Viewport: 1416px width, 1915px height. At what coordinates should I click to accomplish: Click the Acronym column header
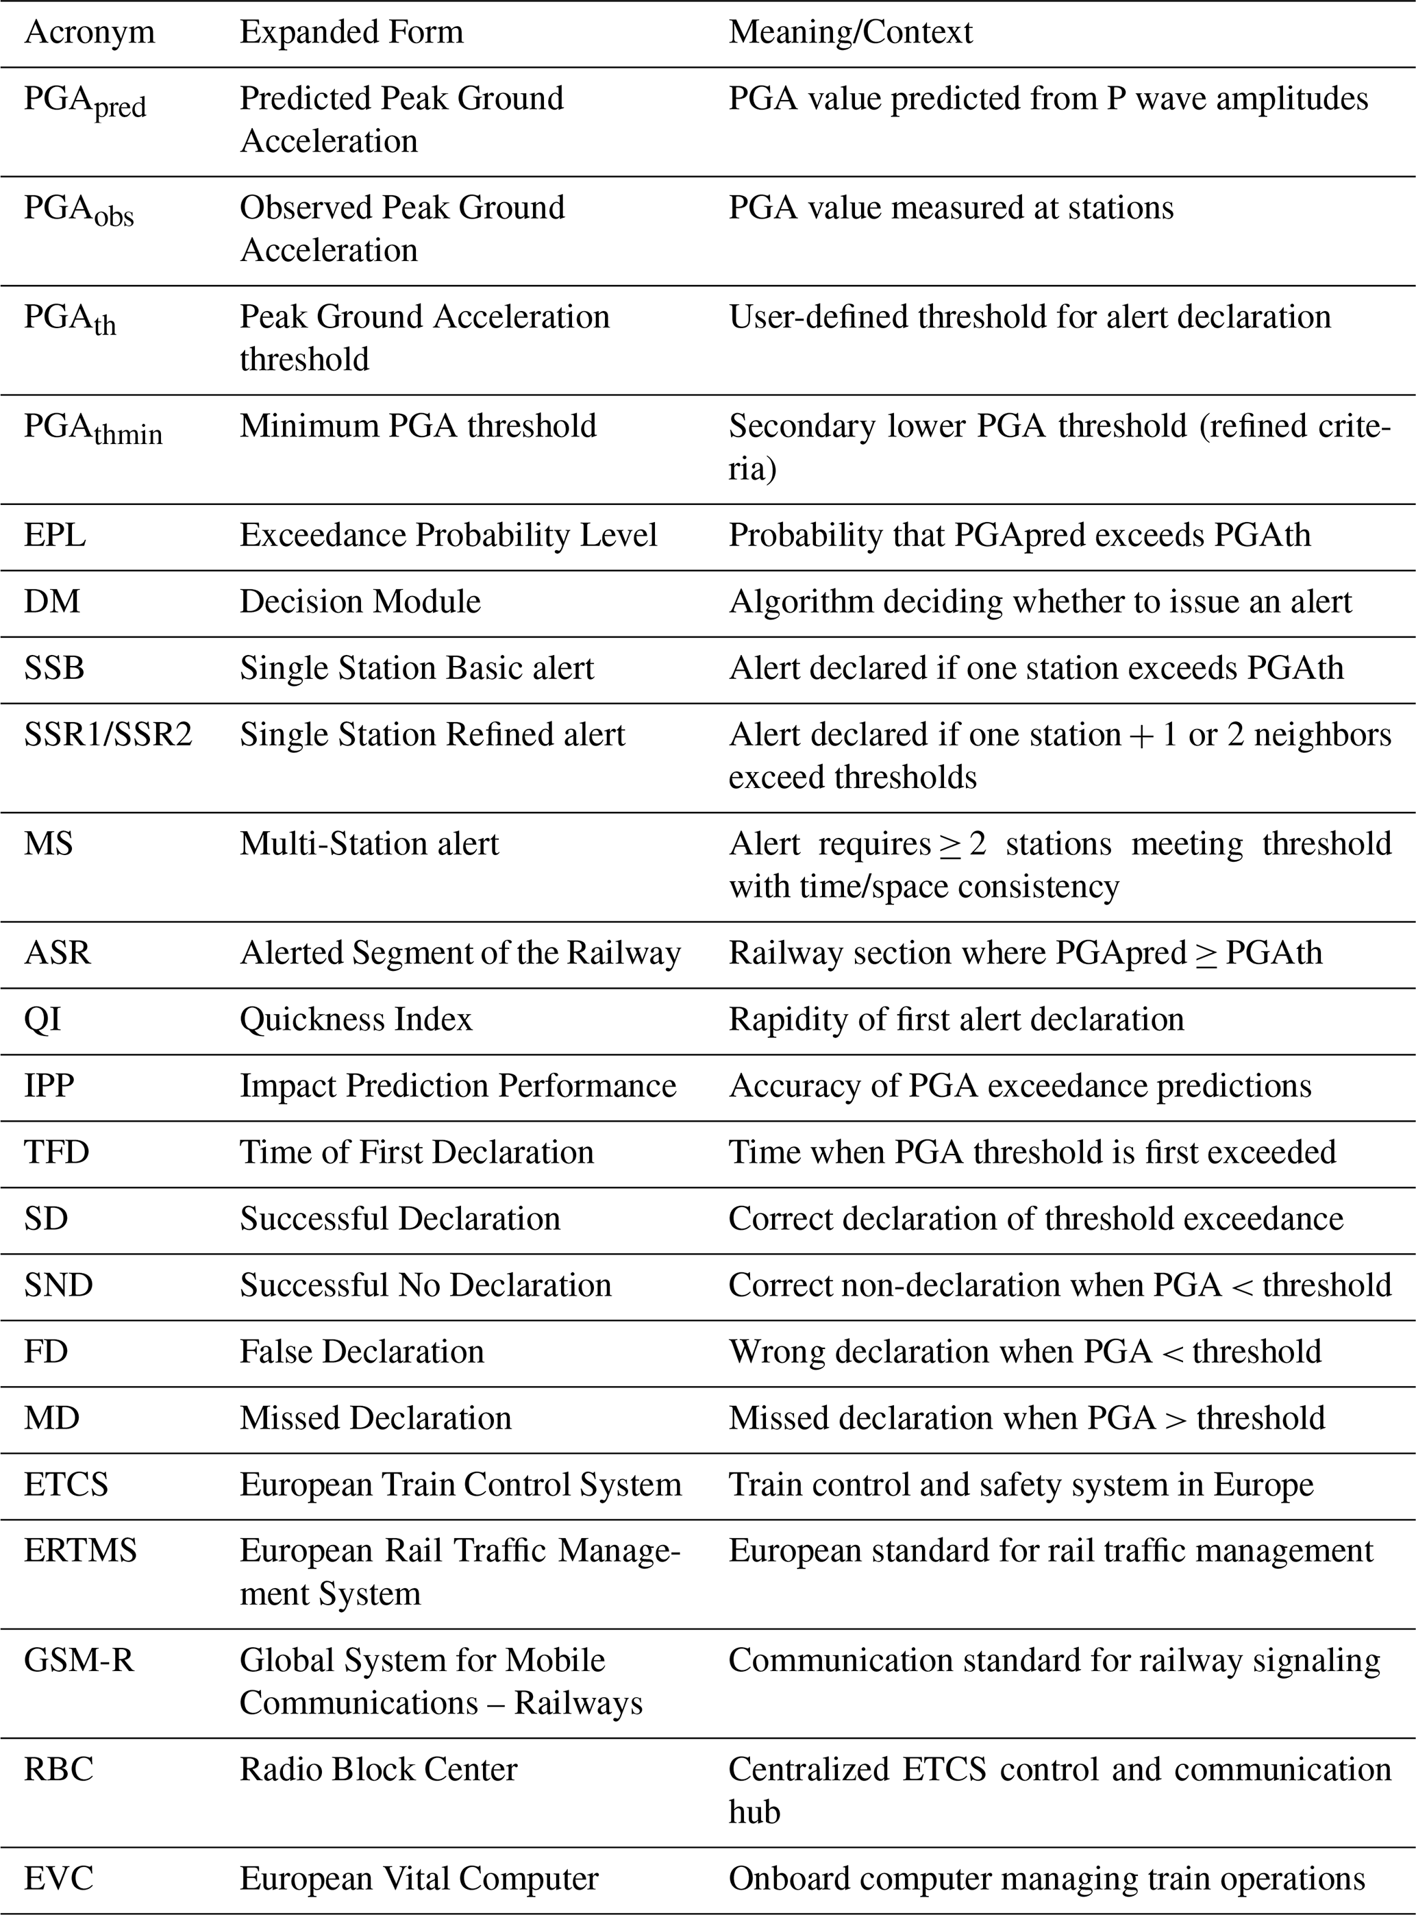[89, 33]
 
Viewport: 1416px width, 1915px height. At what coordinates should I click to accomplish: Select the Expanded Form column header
[351, 33]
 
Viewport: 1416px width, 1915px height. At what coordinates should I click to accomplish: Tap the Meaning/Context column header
[850, 33]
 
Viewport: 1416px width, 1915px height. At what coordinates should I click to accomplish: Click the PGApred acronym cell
[85, 102]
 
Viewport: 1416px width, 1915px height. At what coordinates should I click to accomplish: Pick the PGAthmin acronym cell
[92, 429]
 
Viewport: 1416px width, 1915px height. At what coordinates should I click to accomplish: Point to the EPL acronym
[55, 535]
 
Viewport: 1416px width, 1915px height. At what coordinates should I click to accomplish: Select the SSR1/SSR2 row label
[108, 734]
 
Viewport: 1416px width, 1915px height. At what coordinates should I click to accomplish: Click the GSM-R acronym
[79, 1660]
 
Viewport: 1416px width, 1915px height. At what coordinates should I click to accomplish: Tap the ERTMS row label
[81, 1550]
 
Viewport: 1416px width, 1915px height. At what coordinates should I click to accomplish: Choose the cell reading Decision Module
[360, 602]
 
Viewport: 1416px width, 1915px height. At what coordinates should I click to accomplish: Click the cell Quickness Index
[356, 1020]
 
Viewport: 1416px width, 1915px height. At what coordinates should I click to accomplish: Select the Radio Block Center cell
[378, 1769]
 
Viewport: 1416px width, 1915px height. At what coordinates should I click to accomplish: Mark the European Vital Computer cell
[419, 1878]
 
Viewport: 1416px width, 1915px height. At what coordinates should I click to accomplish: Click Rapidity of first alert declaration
[956, 1020]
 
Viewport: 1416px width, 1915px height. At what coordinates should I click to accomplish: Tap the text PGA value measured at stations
[951, 208]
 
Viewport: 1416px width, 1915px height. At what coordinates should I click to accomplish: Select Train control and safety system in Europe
[1020, 1485]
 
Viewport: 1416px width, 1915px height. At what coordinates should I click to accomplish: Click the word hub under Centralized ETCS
[754, 1812]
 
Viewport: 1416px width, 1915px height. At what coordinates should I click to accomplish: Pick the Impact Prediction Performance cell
[458, 1085]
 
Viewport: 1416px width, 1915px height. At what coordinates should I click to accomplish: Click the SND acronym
[58, 1285]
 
